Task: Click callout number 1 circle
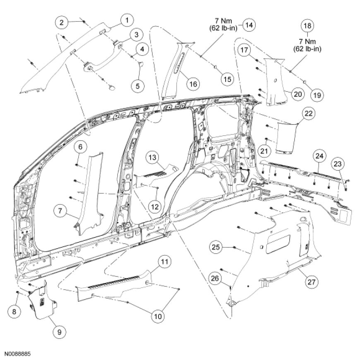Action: tap(127, 19)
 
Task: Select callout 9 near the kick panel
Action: tap(59, 331)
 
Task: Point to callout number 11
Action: tap(165, 262)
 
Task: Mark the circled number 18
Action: tap(307, 26)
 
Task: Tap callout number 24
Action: tap(319, 156)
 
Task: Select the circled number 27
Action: tap(311, 282)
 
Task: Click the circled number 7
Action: tap(60, 211)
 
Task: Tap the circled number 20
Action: tap(298, 94)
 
